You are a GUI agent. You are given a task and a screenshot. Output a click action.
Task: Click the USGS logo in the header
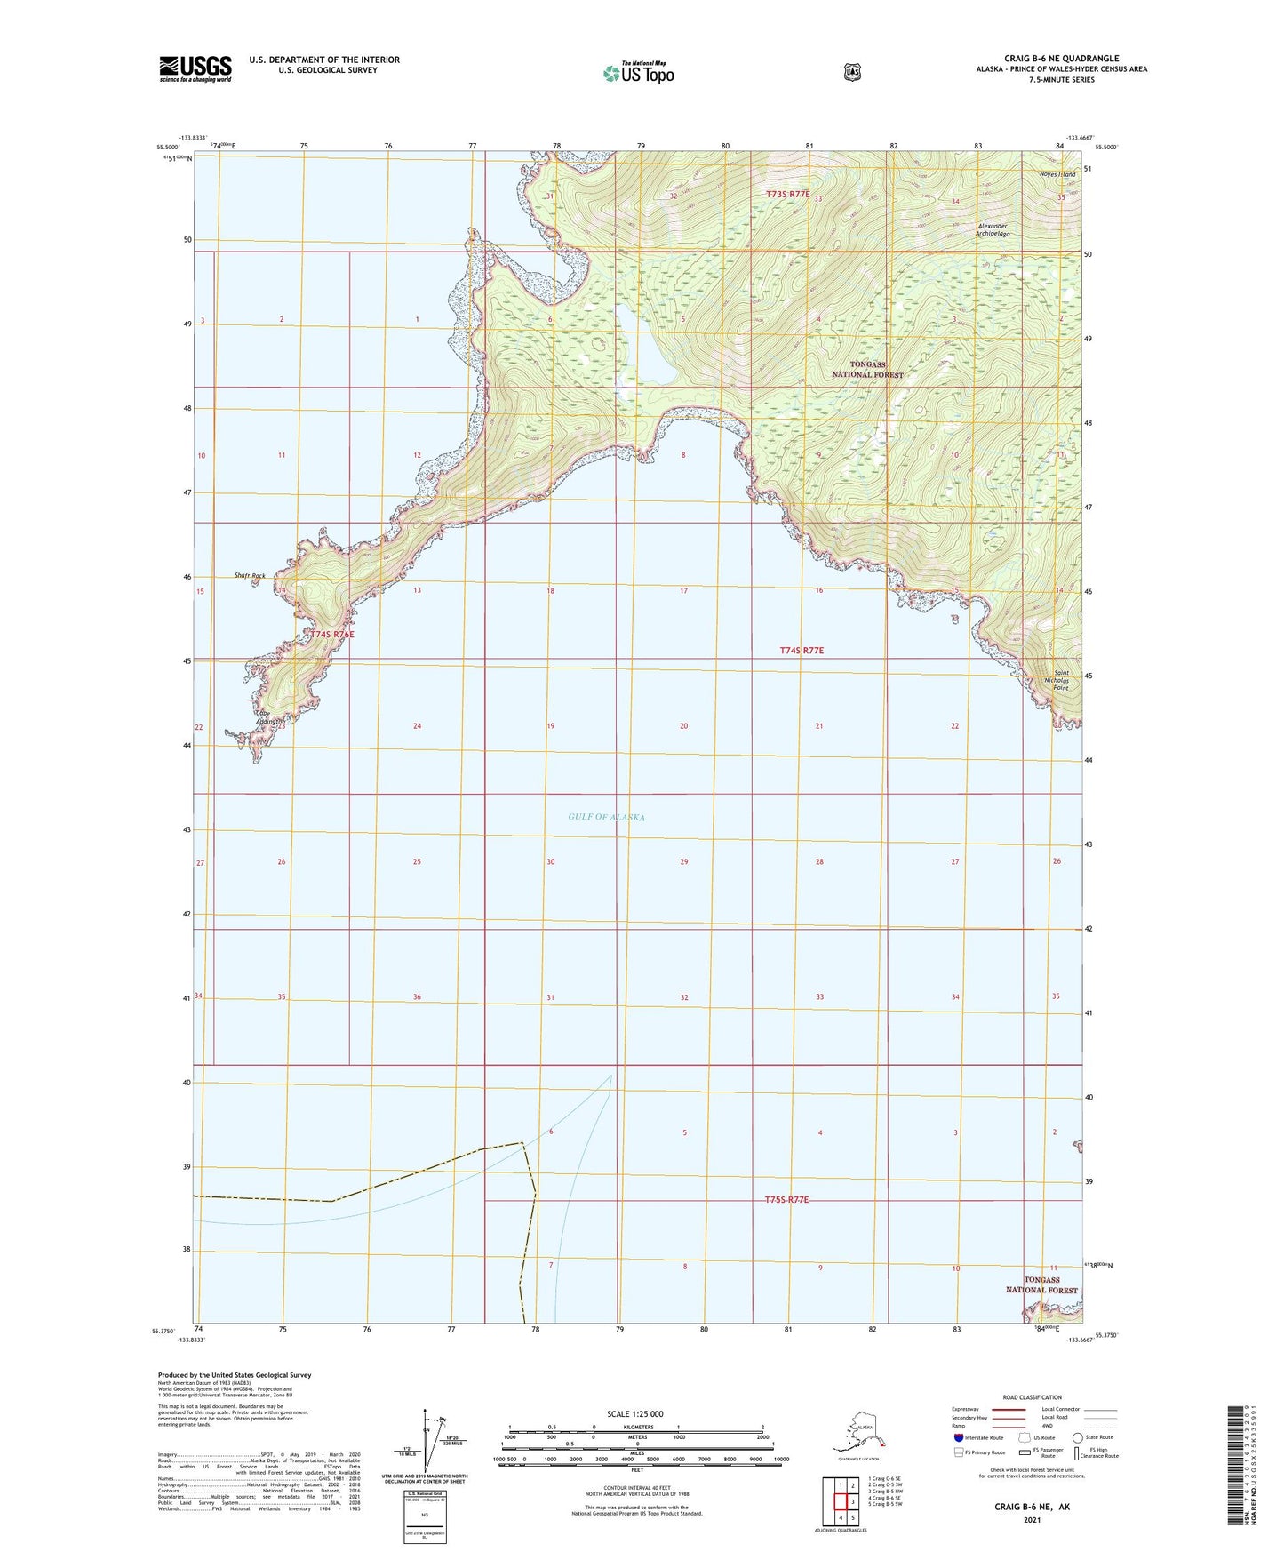(195, 68)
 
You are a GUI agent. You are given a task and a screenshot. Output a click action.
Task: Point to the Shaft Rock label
(250, 576)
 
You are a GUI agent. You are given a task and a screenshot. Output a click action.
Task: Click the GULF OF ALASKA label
(606, 817)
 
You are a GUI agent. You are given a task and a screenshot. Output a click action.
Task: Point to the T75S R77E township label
(786, 1200)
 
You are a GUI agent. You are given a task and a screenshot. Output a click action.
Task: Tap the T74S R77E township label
(802, 651)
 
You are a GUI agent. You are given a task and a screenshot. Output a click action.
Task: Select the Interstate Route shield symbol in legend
(956, 1437)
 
